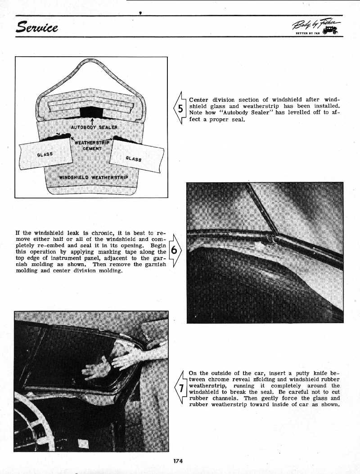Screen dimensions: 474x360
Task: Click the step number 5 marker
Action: click(180, 108)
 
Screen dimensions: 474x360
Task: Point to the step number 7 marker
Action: click(180, 389)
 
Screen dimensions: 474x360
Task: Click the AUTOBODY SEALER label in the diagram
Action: click(94, 127)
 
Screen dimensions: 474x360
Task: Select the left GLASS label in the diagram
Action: click(45, 154)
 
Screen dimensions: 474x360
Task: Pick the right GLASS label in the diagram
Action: click(134, 158)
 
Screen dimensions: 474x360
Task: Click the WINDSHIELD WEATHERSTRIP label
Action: click(94, 177)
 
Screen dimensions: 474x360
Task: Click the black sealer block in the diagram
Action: click(91, 112)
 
